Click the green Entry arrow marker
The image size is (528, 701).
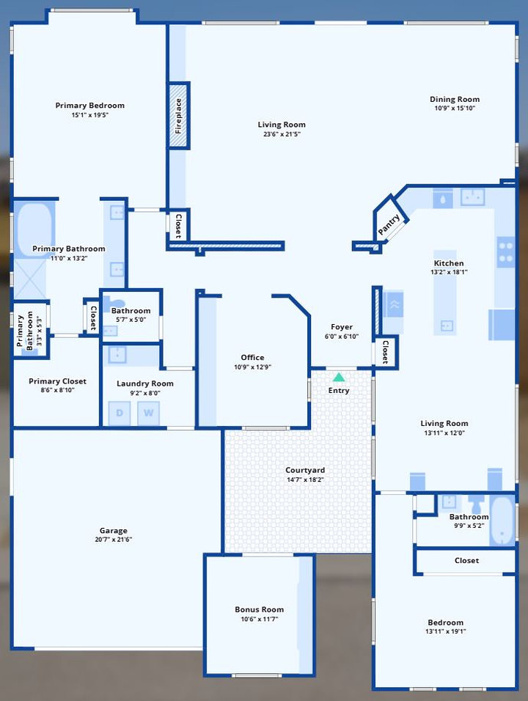[x=339, y=378]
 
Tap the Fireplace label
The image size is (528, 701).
[x=178, y=116]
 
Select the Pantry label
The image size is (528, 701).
[x=389, y=224]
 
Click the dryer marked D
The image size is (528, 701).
[x=120, y=413]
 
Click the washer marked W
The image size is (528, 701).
[x=148, y=413]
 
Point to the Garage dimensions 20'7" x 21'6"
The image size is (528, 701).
[x=113, y=540]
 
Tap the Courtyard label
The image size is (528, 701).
[x=305, y=470]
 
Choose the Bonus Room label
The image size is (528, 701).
[x=260, y=609]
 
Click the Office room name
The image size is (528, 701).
[x=252, y=357]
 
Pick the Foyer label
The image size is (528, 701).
[x=342, y=327]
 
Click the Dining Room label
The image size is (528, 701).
[x=455, y=99]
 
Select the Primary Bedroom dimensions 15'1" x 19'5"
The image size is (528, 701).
[x=90, y=115]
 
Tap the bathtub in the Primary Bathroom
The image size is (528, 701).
[x=34, y=229]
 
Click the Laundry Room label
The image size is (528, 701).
[x=145, y=383]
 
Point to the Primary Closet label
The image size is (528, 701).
[x=57, y=381]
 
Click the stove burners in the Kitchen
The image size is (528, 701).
[x=506, y=252]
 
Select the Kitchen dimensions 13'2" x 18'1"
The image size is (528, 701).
[x=449, y=272]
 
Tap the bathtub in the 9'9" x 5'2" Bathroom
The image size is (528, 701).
[x=502, y=520]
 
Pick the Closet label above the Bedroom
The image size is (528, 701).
[x=466, y=561]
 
